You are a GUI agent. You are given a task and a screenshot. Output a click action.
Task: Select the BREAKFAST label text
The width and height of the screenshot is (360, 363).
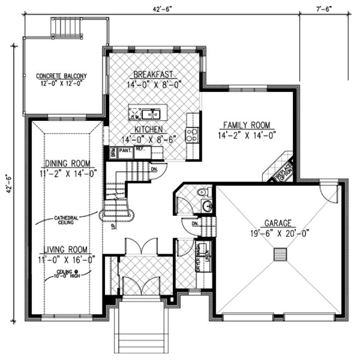[154, 74]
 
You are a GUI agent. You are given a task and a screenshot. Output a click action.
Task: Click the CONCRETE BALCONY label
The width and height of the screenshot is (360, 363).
[62, 75]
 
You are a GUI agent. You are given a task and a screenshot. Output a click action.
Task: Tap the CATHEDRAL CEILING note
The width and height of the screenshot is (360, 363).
[69, 220]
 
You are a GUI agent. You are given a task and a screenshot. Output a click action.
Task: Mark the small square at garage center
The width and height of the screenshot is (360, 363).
[280, 255]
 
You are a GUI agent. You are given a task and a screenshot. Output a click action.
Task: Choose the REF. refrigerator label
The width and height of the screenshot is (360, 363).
[140, 149]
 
